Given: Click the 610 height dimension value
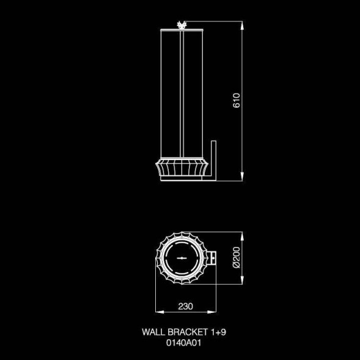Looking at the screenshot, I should coord(237,101).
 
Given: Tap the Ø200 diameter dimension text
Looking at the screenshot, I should coord(237,259).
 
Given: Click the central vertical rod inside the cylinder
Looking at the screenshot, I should coord(183,92).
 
